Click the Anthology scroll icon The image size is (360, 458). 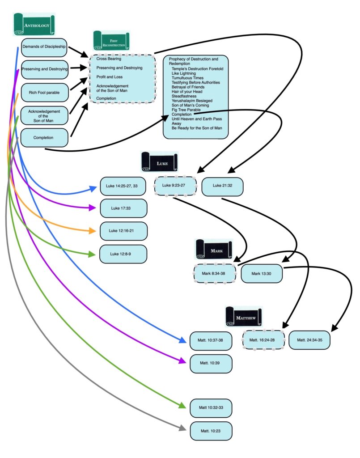34,25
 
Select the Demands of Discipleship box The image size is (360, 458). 44,47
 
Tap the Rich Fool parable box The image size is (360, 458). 44,92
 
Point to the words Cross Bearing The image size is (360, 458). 109,59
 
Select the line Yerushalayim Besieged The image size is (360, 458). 192,101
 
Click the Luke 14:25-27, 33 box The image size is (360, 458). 123,186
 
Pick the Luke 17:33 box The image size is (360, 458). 123,208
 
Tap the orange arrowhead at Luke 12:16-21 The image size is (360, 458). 93,231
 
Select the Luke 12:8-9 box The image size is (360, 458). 123,254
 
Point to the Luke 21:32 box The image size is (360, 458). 222,186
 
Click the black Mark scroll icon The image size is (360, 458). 214,250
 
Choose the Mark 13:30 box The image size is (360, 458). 261,273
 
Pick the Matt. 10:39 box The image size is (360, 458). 211,363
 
